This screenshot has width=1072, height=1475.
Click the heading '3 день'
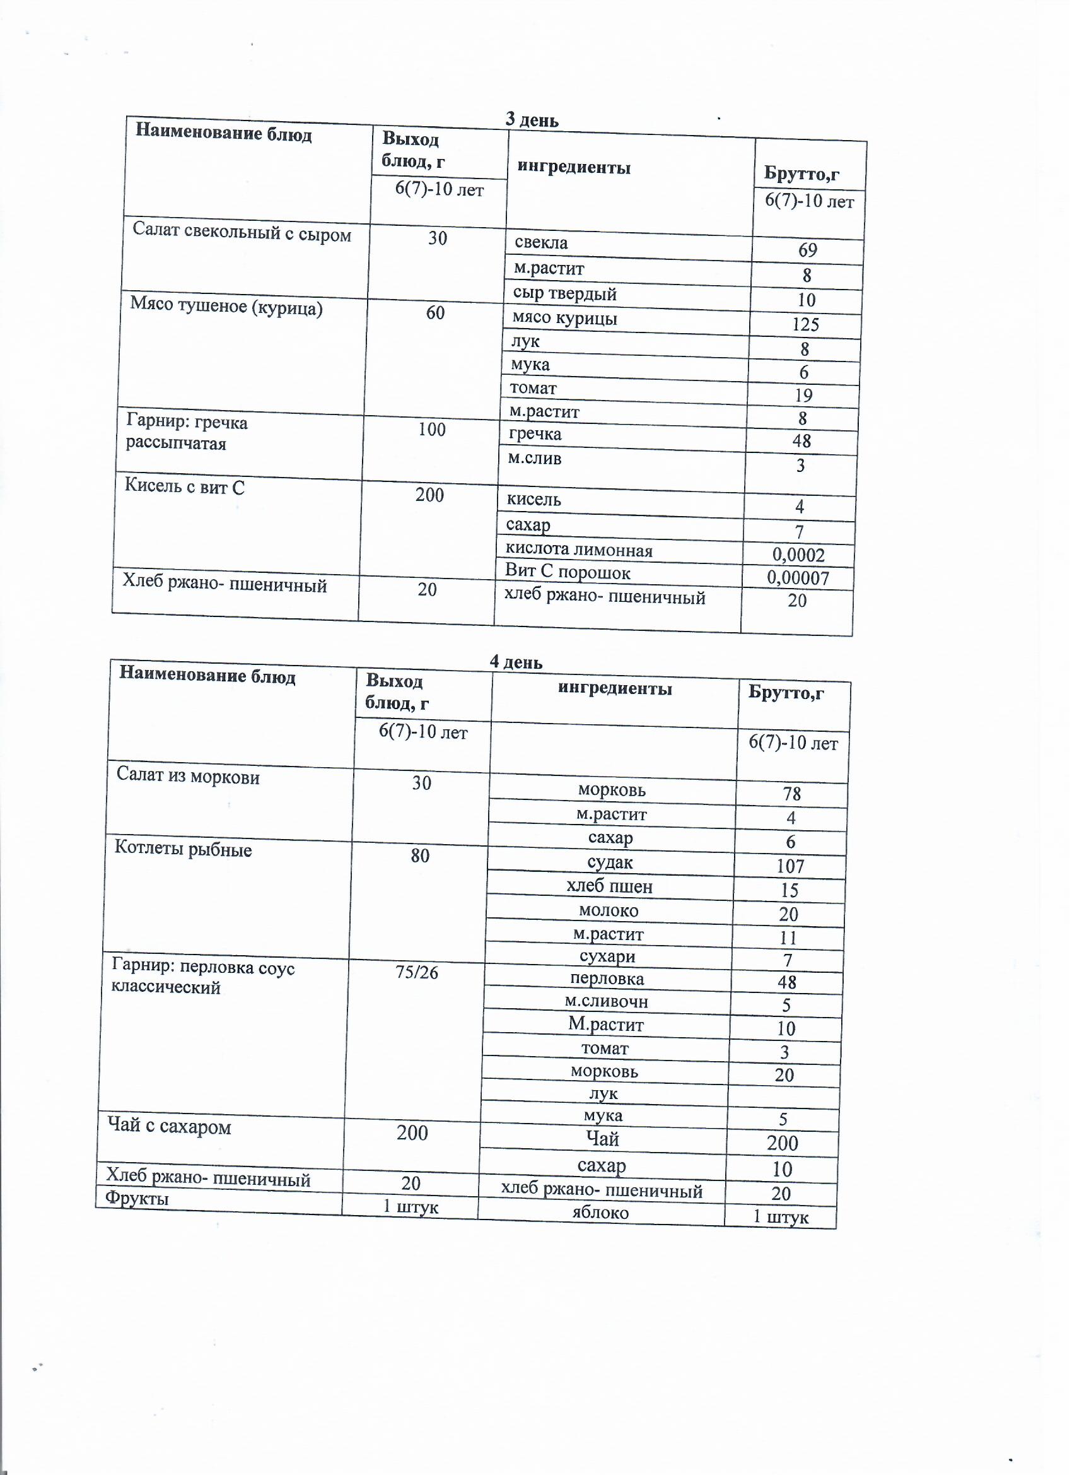tap(531, 120)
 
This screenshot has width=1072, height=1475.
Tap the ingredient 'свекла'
tap(541, 244)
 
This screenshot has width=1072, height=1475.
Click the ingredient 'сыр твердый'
tap(564, 294)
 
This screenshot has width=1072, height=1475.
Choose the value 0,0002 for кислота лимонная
tap(798, 555)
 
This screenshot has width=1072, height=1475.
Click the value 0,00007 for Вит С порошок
tap(797, 577)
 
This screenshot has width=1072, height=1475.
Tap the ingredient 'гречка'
tap(534, 434)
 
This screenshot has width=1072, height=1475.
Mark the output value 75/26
tap(416, 972)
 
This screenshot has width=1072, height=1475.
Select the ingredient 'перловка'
tap(607, 978)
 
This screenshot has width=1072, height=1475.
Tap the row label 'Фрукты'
tap(137, 1197)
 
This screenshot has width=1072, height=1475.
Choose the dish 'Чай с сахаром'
tap(169, 1126)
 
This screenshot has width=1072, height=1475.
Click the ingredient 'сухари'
tap(607, 956)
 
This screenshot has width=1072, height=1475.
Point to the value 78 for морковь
tap(791, 794)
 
